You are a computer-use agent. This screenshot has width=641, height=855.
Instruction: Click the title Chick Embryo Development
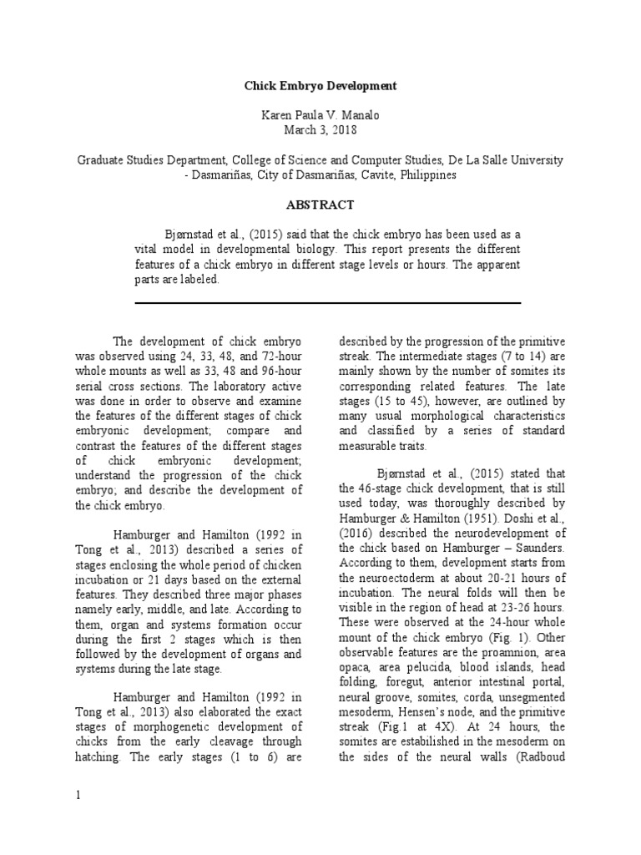(320, 85)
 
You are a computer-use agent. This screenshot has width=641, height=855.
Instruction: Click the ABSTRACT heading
(320, 205)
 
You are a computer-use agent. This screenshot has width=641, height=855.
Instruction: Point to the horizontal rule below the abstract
(327, 303)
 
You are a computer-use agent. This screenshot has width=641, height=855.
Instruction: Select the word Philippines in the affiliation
(428, 175)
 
